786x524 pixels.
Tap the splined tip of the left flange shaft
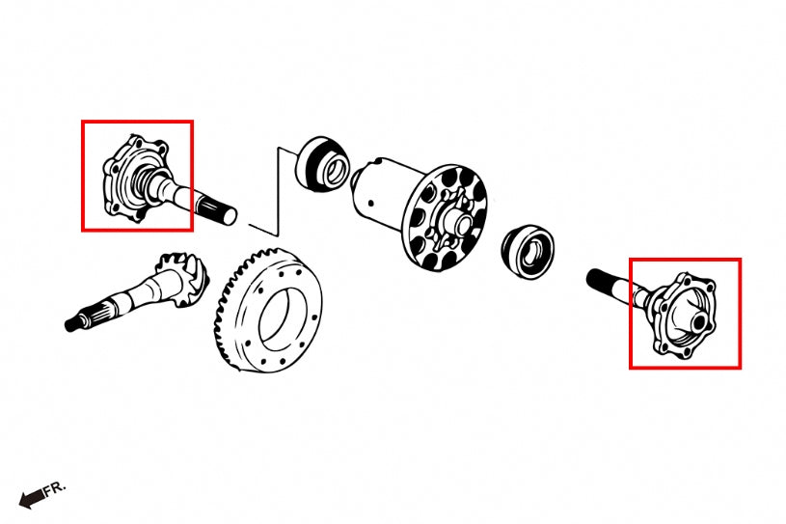[217, 209]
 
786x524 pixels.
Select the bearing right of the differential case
[527, 249]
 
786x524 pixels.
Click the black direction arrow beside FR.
[32, 499]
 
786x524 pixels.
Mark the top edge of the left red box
[137, 122]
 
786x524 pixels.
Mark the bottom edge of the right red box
[685, 368]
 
